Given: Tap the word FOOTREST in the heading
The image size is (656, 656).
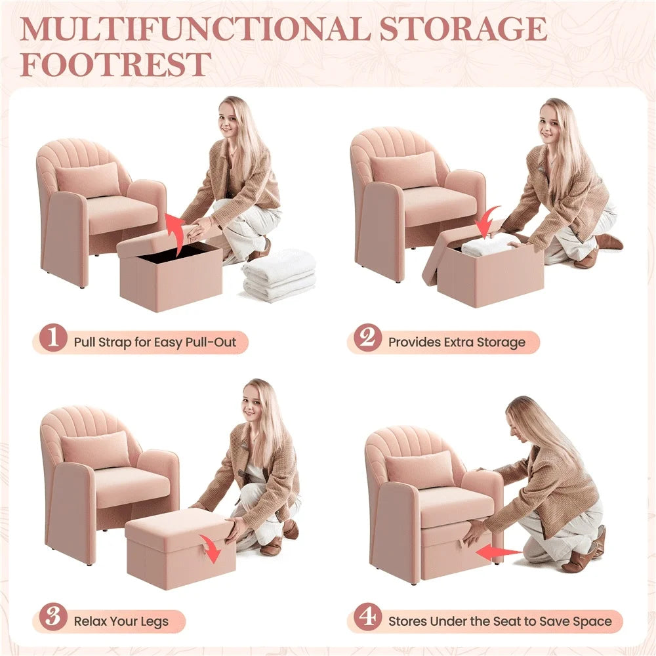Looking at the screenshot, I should pos(115,64).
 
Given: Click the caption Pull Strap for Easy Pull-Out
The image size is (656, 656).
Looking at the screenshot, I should pos(154,342).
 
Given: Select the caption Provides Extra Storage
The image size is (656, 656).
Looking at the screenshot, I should pos(457,342).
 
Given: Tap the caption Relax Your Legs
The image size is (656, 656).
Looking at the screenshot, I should pos(121,621).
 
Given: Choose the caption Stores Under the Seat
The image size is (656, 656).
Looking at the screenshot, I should pos(500,621).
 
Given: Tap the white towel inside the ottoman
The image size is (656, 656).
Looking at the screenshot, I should pos(489,245).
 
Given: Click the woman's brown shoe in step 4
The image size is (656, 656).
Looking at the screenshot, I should pos(581,560).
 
